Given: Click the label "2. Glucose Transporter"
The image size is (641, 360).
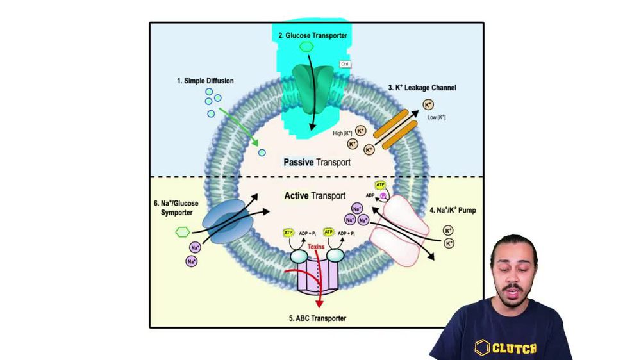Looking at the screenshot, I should point(312,36).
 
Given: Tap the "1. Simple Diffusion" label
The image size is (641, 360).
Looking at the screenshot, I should point(205,81).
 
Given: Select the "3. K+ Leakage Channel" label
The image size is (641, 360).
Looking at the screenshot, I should point(422,88).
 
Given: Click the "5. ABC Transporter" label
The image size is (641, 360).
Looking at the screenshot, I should point(317,318).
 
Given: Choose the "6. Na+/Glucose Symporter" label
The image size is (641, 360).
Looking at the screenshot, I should point(176,208).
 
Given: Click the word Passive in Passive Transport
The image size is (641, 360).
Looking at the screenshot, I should point(298,163).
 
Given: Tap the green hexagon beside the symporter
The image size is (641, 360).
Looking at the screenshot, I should point(183,231).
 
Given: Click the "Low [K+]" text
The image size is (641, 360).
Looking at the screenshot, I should point(436,117).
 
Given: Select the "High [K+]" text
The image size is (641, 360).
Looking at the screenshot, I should point(342,133).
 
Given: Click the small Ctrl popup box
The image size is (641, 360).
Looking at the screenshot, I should point(345,65).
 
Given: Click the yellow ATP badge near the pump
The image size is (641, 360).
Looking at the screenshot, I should point(379,184).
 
